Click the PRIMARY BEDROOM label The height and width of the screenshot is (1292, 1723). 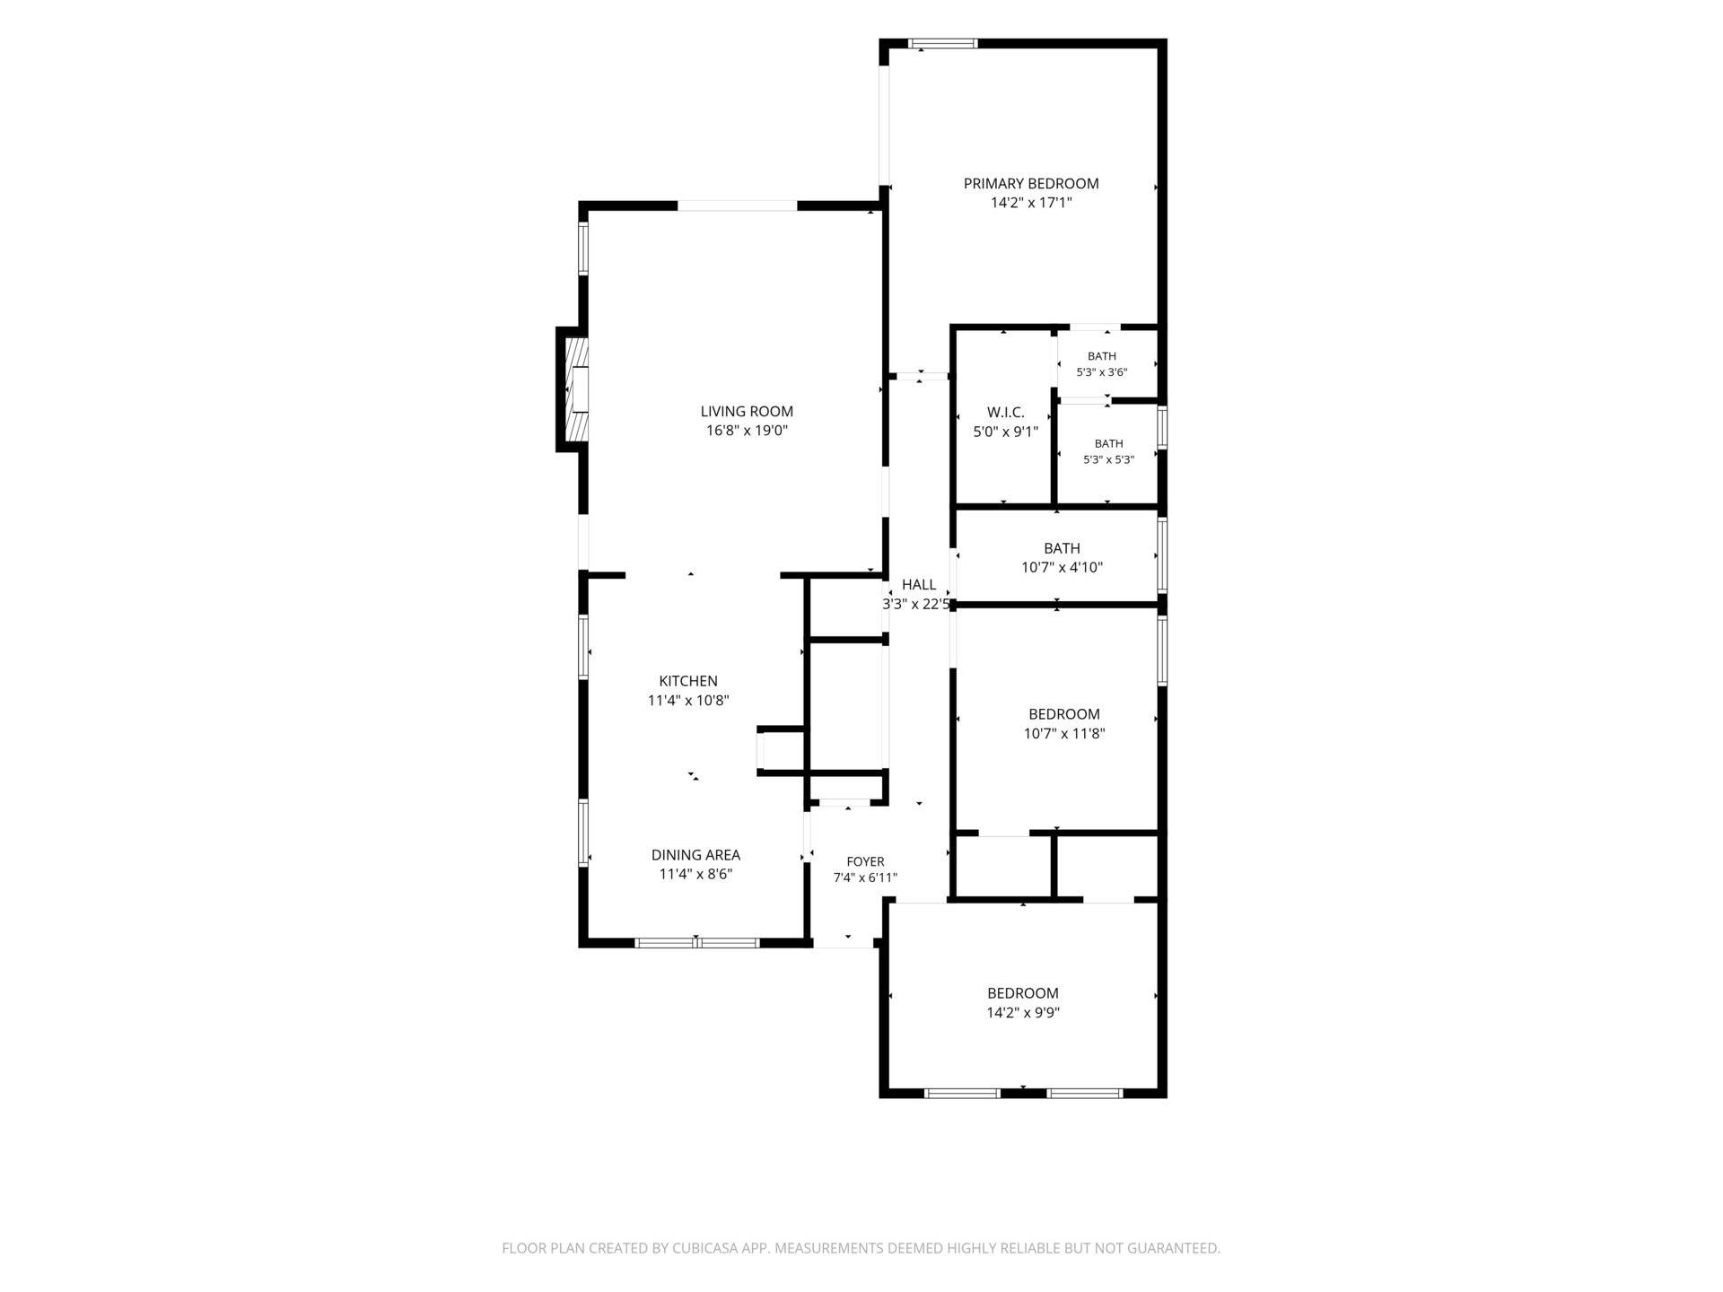[x=1031, y=184]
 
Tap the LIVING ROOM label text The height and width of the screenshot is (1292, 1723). [x=747, y=412]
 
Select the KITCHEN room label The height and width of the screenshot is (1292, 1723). [x=688, y=681]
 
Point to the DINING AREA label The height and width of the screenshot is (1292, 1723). [x=695, y=855]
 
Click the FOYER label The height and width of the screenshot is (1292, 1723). [x=865, y=862]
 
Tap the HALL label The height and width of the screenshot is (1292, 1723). [x=919, y=585]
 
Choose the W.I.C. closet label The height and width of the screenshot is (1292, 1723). [x=1006, y=413]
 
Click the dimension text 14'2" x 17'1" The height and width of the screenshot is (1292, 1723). [x=1031, y=204]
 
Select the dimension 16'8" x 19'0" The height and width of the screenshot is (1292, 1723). [x=747, y=431]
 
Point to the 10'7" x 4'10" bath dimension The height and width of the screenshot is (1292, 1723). [x=1062, y=568]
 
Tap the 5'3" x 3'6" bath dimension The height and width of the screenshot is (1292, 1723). [x=1102, y=372]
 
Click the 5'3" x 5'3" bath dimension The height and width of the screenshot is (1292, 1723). [x=1109, y=459]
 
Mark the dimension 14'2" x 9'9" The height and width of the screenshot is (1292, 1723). [x=1023, y=1013]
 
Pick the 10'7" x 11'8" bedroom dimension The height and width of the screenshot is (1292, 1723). [x=1064, y=734]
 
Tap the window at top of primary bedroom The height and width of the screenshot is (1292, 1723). [x=942, y=43]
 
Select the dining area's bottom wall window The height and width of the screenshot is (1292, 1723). [x=697, y=943]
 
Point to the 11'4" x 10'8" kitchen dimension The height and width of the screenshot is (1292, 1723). [x=688, y=701]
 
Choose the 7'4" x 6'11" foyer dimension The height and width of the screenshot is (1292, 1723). [x=865, y=878]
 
